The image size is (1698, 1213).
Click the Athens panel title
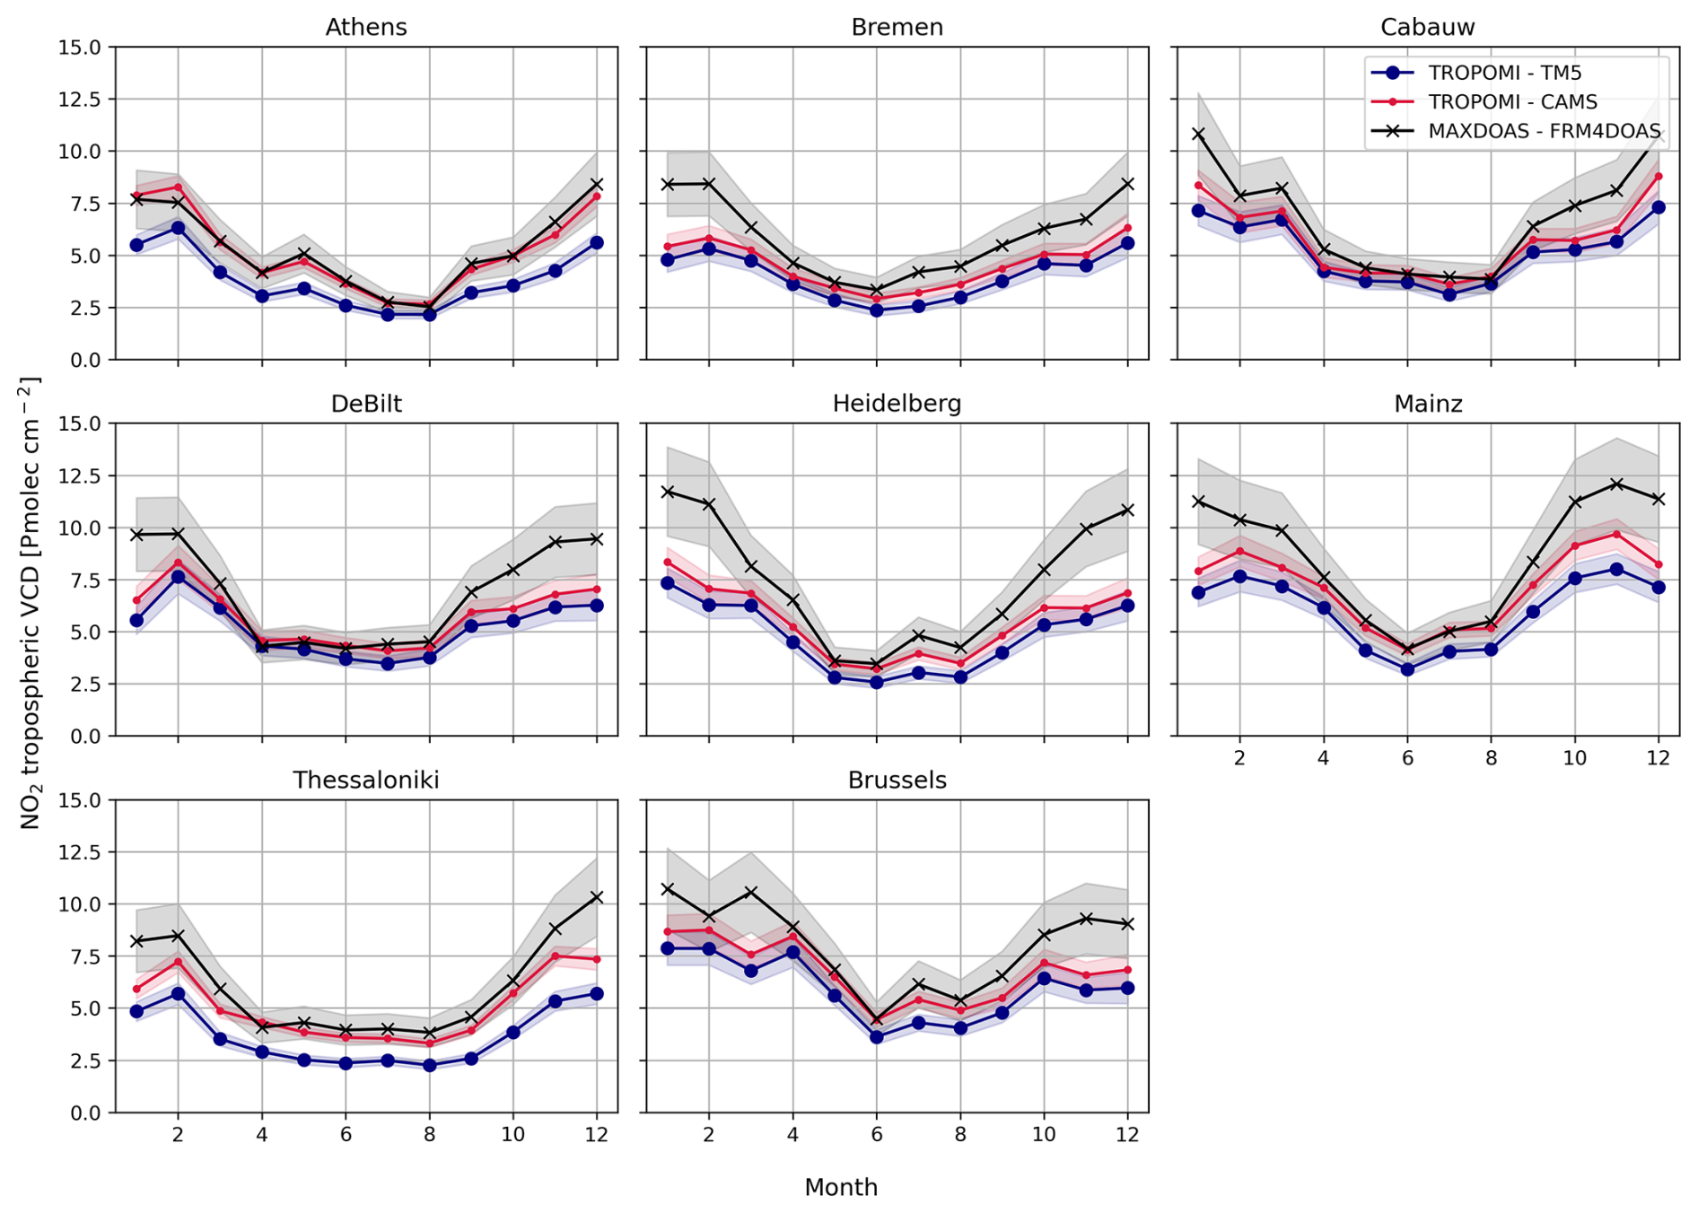pyautogui.click(x=366, y=27)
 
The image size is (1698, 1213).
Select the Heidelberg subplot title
pyautogui.click(x=897, y=404)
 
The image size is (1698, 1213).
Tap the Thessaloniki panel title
pyautogui.click(x=366, y=780)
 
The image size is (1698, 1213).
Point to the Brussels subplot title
pyautogui.click(x=897, y=780)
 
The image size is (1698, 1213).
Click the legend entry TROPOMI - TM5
pyautogui.click(x=1504, y=73)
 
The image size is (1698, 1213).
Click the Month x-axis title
pyautogui.click(x=841, y=1187)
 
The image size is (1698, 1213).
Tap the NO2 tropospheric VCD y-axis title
pyautogui.click(x=30, y=603)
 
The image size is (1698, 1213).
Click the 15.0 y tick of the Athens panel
pyautogui.click(x=80, y=47)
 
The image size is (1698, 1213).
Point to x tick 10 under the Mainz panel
pyautogui.click(x=1574, y=758)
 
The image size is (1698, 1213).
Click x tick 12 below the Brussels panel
pyautogui.click(x=1127, y=1135)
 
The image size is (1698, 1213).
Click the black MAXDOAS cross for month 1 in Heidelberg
pyautogui.click(x=667, y=492)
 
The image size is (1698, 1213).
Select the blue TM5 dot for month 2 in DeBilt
pyautogui.click(x=178, y=577)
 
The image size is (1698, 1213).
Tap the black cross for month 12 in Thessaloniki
pyautogui.click(x=597, y=897)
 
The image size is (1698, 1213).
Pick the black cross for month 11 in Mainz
pyautogui.click(x=1616, y=484)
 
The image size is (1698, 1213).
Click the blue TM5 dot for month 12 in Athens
pyautogui.click(x=597, y=242)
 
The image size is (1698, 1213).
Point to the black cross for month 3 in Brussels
pyautogui.click(x=751, y=892)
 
